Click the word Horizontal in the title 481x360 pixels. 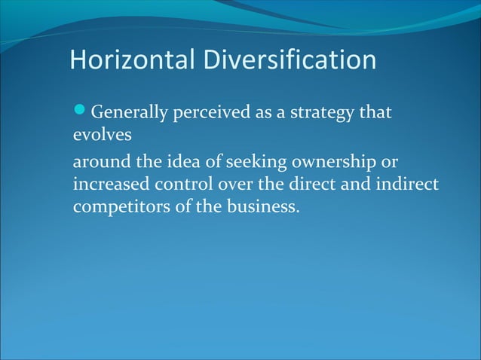tap(132, 59)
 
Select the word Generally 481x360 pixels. tap(129, 114)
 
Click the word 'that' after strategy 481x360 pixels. tap(375, 114)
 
